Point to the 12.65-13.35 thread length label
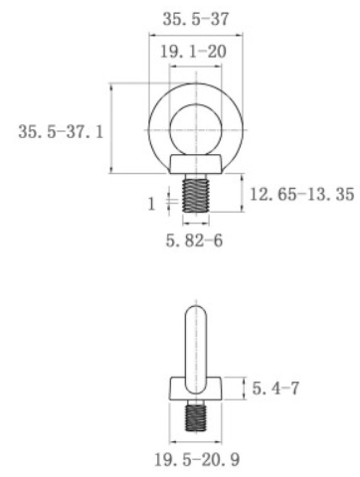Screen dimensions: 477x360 click(x=301, y=195)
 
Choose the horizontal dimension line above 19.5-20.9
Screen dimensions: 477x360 click(x=199, y=440)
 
